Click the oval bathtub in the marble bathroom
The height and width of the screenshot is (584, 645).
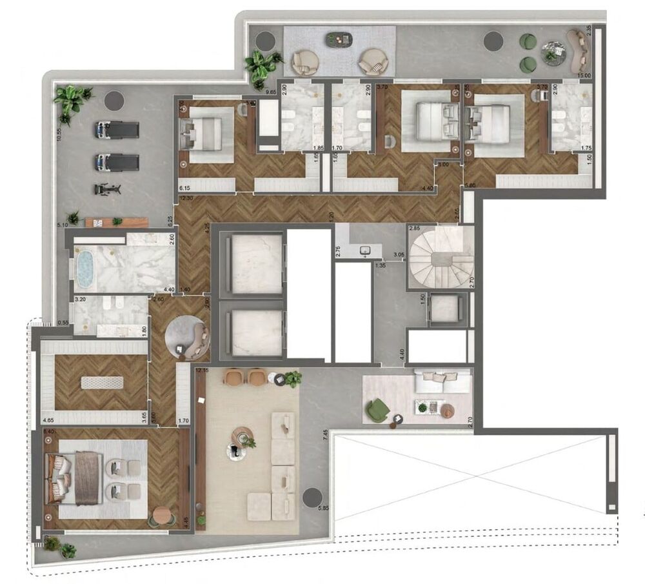86,270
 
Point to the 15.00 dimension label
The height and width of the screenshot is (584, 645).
584,76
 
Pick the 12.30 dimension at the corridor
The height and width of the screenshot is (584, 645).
186,198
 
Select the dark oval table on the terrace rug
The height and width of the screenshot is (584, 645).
338,39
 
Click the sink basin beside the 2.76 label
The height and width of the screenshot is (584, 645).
366,249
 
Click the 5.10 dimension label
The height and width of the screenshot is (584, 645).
63,225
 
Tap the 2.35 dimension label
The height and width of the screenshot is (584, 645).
588,30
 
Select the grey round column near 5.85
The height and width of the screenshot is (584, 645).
312,497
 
